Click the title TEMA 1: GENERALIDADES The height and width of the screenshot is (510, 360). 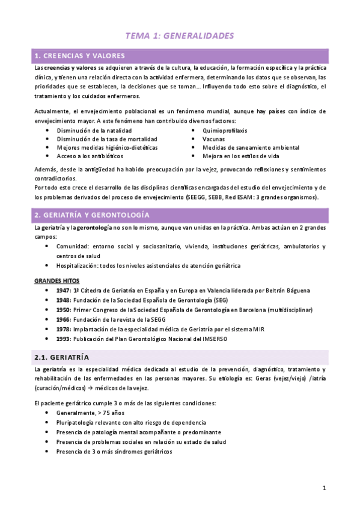click(x=180, y=36)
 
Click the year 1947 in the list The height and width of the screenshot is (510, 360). click(x=63, y=290)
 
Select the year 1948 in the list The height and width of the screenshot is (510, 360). click(x=63, y=300)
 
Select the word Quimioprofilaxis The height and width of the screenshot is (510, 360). click(x=225, y=130)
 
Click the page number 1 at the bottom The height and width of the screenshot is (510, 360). click(x=324, y=488)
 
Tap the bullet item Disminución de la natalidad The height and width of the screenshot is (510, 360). click(x=94, y=130)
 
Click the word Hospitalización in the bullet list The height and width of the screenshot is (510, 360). click(x=81, y=265)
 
